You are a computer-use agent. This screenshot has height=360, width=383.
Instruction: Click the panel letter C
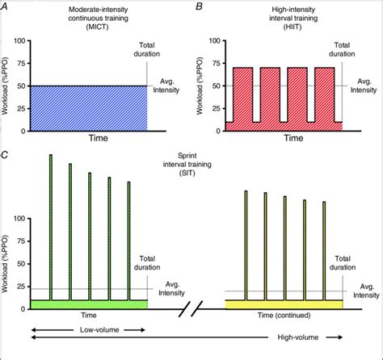(x=6, y=151)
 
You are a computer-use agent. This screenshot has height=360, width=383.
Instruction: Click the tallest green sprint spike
(x=51, y=226)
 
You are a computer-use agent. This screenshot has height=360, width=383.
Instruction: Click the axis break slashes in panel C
(x=191, y=309)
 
